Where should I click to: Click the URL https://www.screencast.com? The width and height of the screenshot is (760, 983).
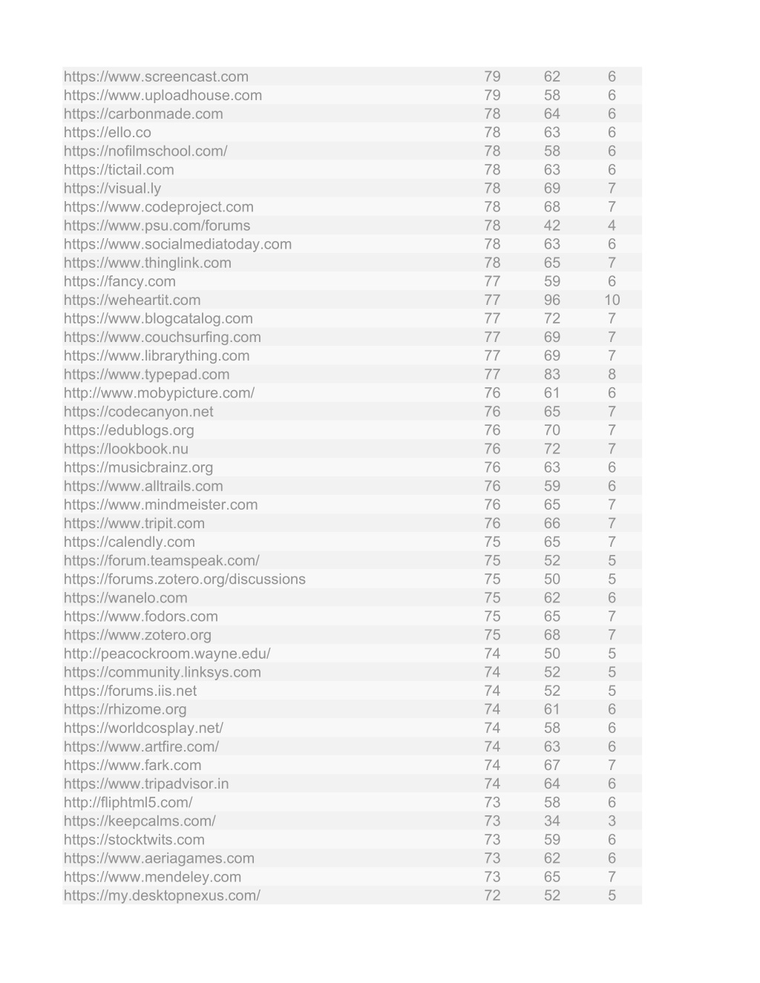156,76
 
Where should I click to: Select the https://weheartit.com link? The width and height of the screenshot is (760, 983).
132,300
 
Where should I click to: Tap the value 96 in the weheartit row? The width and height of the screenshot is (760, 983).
551,300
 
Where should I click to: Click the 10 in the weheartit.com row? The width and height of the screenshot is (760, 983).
612,300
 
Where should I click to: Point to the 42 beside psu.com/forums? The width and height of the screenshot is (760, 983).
551,226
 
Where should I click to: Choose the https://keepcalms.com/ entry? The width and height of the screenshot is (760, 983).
140,821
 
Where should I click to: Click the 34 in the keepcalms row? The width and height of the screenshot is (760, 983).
551,821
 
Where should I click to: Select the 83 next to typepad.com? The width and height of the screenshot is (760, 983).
551,374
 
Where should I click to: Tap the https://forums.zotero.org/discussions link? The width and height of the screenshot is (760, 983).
184,579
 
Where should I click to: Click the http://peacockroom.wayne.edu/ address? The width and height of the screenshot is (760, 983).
167,654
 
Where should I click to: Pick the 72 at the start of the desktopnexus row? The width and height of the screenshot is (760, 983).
492,895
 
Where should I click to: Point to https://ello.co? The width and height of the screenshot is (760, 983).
107,132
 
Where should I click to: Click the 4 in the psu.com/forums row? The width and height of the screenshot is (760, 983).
612,226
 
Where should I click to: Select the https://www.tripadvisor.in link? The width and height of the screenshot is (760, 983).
146,783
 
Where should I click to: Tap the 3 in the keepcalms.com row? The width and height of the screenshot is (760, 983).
612,821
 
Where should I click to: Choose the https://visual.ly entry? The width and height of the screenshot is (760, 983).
112,188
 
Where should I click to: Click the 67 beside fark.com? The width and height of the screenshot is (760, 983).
551,765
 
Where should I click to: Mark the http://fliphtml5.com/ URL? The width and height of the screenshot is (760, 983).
128,802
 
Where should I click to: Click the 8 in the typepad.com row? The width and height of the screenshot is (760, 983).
612,374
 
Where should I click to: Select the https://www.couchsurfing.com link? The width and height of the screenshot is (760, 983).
162,337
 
